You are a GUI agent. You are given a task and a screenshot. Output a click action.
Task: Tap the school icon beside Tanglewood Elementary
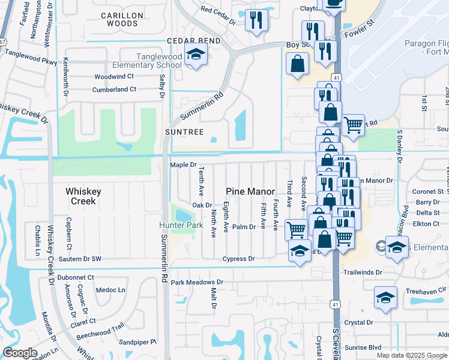(x=195, y=55)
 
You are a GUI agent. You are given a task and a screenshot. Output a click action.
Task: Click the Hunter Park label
(x=181, y=226)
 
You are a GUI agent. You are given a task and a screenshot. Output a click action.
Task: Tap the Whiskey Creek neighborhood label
(x=83, y=196)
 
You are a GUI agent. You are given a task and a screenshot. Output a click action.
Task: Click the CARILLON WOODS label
(x=122, y=19)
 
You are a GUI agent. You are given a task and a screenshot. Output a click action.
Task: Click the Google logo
(x=20, y=353)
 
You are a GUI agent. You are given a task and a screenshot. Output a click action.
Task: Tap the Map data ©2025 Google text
(x=412, y=355)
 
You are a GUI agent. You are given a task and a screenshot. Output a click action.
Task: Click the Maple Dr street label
(x=183, y=164)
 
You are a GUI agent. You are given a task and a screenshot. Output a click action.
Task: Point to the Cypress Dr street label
(x=238, y=259)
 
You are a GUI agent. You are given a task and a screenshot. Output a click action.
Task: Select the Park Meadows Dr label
(x=197, y=282)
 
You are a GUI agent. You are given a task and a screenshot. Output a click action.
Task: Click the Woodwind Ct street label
(x=114, y=77)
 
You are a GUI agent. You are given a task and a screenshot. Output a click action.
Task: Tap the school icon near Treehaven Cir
(x=385, y=298)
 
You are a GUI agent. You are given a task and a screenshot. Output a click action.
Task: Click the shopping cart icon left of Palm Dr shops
(x=295, y=229)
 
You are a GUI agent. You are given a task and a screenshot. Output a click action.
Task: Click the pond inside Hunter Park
(x=182, y=213)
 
